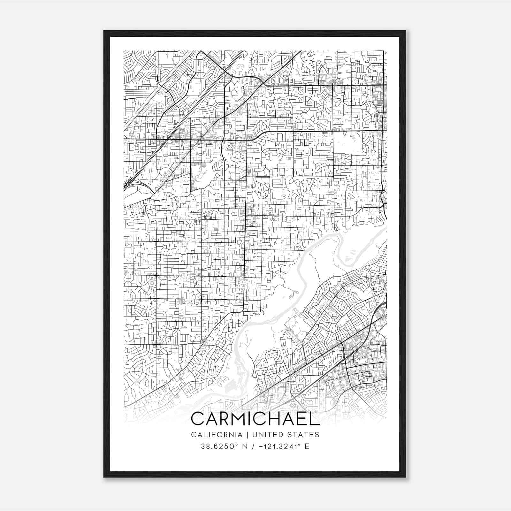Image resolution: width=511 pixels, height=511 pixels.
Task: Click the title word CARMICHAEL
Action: [x=255, y=419]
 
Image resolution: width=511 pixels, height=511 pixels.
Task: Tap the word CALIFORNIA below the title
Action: [x=216, y=435]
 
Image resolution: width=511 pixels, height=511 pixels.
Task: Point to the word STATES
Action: [x=304, y=435]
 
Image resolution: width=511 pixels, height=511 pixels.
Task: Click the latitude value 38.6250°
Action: [x=220, y=446]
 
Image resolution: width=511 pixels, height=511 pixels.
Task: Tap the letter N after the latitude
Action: [x=246, y=446]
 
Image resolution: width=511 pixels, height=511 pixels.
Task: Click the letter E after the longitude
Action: [x=307, y=446]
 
